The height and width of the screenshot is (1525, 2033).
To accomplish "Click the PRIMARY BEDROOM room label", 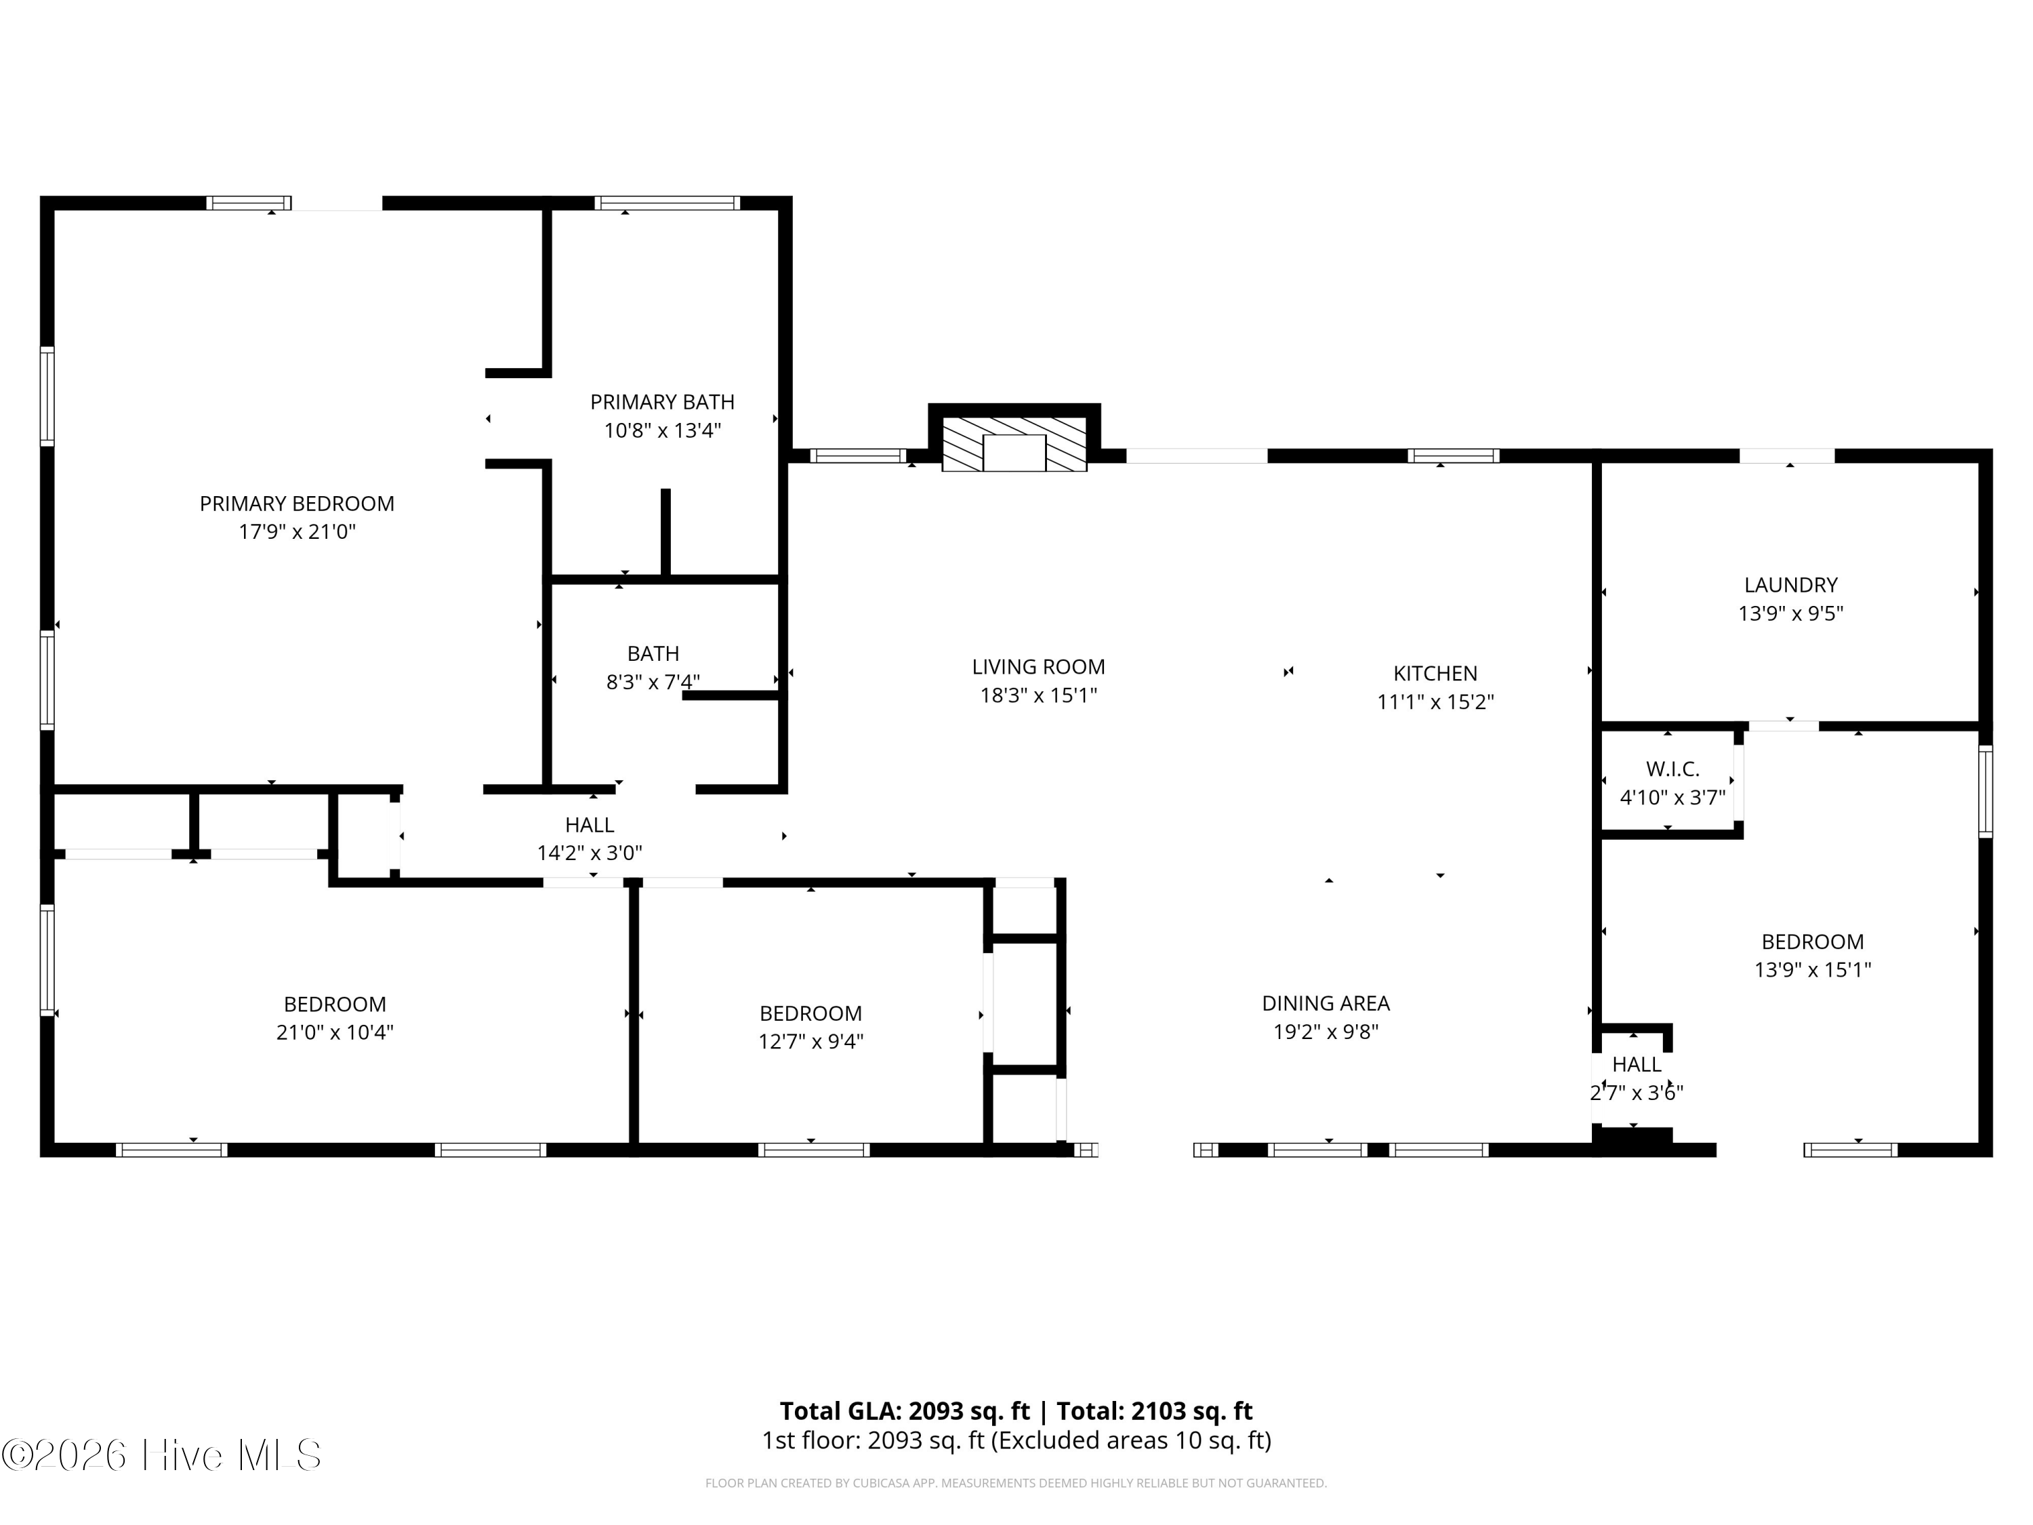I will pos(297,504).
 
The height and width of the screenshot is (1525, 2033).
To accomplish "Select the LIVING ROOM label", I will pos(1039,666).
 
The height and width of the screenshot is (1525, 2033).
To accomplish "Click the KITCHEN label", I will pos(1435,673).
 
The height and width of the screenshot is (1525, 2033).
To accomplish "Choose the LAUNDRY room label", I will pos(1790,585).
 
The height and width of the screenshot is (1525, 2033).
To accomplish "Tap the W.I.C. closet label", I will pos(1672,769).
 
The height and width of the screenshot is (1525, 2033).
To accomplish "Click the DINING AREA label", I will pos(1326,1003).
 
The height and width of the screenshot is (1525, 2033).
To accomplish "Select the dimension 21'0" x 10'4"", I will pos(335,1032).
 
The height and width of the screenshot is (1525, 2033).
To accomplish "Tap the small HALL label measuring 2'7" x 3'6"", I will pos(1636,1065).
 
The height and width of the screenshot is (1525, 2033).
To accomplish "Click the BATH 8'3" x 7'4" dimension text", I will pos(653,682).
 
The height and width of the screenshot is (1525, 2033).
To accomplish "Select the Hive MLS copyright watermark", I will pos(162,1455).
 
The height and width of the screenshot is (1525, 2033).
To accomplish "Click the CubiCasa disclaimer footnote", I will pos(1016,1483).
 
